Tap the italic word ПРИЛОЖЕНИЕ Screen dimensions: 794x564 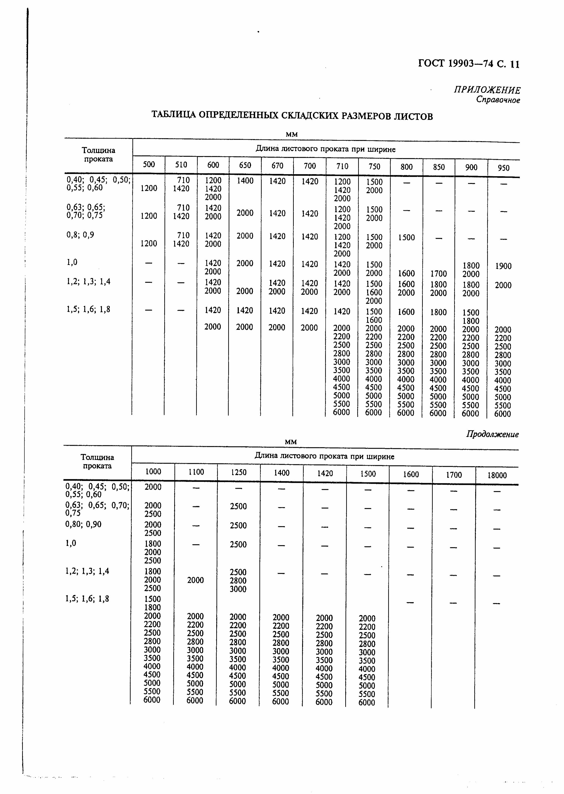[487, 90]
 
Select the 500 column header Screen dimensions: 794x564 [149, 164]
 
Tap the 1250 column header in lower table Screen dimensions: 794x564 [239, 472]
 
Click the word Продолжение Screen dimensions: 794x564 [492, 434]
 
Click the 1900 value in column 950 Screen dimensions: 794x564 [503, 266]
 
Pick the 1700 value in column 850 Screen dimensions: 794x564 [438, 274]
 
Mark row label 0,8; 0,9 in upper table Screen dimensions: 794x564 [80, 235]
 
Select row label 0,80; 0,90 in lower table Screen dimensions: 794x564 [83, 524]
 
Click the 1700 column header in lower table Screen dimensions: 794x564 [454, 475]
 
